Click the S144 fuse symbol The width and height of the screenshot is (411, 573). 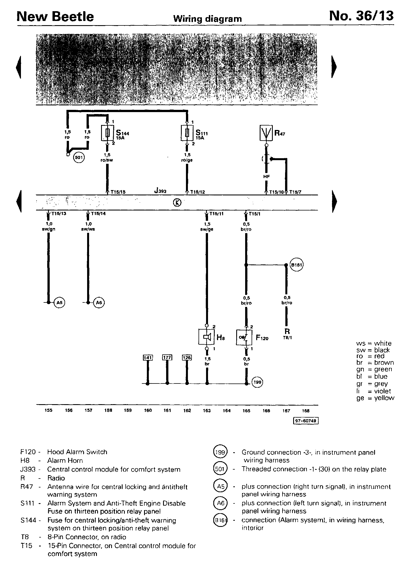tap(107, 133)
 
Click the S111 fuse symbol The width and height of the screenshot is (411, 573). tap(187, 133)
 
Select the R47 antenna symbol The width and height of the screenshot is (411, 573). tap(266, 133)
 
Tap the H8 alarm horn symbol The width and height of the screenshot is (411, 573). tap(207, 337)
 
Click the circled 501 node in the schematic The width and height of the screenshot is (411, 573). tap(79, 158)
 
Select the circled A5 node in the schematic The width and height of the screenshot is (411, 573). tap(59, 302)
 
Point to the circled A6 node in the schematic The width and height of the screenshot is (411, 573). tap(99, 302)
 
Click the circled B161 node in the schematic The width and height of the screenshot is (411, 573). tap(297, 265)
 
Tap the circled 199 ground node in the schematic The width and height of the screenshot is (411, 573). tap(257, 382)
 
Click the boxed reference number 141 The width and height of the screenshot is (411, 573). tap(148, 357)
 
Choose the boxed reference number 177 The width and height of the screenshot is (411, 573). tap(167, 357)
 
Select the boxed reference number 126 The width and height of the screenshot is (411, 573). tap(187, 357)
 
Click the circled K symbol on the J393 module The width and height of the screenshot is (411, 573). tap(177, 202)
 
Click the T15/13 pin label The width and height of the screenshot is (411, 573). tap(58, 214)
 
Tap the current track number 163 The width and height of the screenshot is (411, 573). tap(207, 411)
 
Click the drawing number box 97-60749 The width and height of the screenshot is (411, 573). tap(305, 421)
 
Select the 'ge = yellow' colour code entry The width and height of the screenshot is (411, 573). tap(375, 398)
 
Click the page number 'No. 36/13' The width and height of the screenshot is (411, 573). tap(361, 16)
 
